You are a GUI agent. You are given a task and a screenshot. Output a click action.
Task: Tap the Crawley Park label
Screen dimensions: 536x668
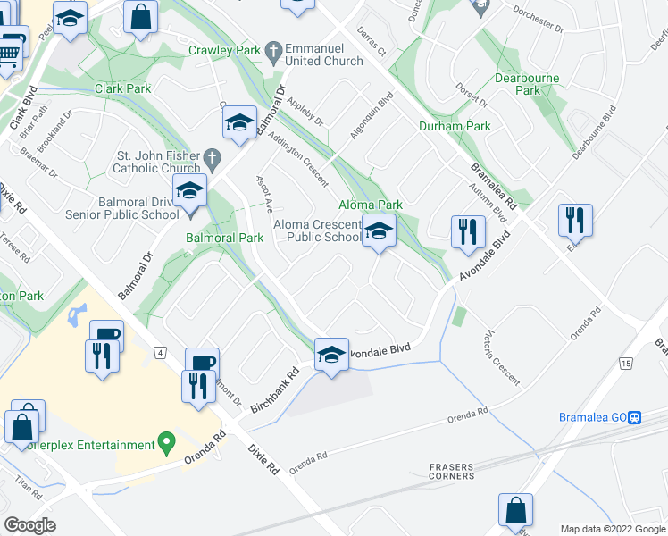coord(224,51)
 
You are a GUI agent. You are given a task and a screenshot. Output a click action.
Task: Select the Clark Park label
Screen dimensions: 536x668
coord(122,88)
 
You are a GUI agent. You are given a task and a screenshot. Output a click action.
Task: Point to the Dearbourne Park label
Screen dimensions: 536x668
coord(527,84)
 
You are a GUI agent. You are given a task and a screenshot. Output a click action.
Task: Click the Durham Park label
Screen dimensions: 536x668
coord(455,126)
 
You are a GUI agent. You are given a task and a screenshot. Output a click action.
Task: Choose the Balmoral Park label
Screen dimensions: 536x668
coord(224,238)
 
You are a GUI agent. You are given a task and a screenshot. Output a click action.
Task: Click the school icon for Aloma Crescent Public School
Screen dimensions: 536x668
coord(380,231)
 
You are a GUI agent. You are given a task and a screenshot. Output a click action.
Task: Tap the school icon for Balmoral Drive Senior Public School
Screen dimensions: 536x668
coord(190,191)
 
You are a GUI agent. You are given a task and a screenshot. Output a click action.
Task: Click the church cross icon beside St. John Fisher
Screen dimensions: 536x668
coord(212,159)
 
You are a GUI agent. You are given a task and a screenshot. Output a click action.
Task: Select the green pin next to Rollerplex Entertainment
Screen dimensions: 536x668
coord(165,442)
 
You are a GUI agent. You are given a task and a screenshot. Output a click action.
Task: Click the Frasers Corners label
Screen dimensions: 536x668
coord(451,471)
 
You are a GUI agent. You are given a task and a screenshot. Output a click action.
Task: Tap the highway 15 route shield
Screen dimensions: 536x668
coord(625,363)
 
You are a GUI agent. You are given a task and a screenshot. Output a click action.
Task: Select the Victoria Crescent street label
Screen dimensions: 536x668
coord(501,356)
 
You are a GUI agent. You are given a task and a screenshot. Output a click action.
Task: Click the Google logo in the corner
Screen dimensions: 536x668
coord(29,525)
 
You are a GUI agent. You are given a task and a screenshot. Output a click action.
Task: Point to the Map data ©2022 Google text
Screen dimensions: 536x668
coord(612,529)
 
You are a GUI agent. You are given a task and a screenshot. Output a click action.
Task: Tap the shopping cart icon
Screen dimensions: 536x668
coord(9,52)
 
